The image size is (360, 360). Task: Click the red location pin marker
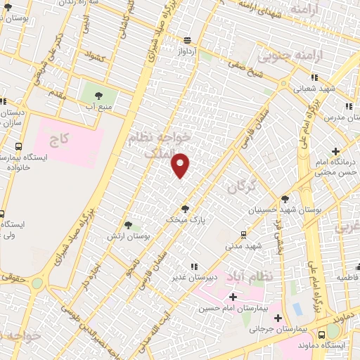coord(181,165)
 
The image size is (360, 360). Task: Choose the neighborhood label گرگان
coord(241,186)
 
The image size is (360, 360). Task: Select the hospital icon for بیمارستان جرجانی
coord(278,319)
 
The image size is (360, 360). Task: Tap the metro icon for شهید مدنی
coord(243,235)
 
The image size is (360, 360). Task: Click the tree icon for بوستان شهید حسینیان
coord(285,200)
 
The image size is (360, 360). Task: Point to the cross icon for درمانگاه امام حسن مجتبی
coord(335,151)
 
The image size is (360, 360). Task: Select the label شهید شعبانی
coord(314,89)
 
